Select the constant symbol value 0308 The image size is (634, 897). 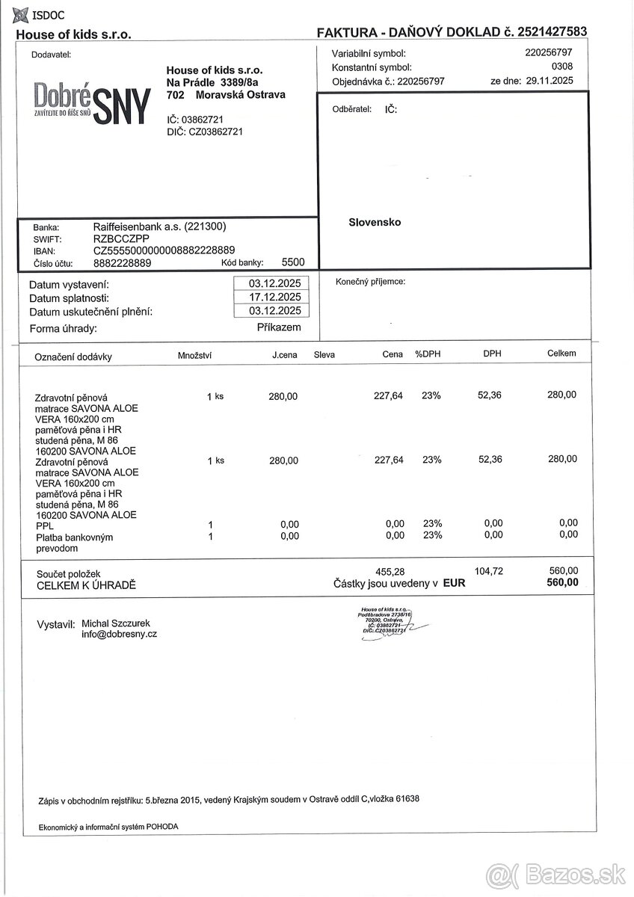pos(561,67)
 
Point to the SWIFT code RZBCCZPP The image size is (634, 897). pos(121,238)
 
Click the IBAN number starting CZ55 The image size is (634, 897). pos(164,250)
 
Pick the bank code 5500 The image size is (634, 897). pos(293,262)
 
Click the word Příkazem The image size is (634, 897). pos(279,327)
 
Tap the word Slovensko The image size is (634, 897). pos(375,222)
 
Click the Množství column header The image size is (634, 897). pos(194,355)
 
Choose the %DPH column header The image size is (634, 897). pos(428,354)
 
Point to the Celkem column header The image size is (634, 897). pos(561,354)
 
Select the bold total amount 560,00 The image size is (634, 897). pos(562,583)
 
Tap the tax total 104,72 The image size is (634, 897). pos(489,570)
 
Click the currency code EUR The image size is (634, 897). pos(453,583)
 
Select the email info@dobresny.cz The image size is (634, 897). pos(120,634)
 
